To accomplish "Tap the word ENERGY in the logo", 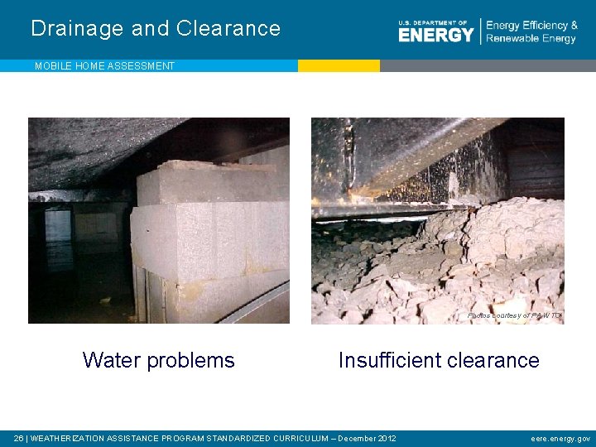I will coord(435,35).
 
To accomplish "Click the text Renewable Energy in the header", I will coord(531,39).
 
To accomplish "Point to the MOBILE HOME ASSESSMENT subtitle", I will coord(104,66).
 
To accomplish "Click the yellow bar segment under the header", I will coord(339,65).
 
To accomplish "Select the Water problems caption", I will coord(158,360).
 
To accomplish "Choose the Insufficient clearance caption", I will coord(439,360).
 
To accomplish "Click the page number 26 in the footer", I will coord(18,438).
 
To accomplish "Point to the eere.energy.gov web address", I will coord(560,438).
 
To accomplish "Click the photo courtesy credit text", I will coord(514,315).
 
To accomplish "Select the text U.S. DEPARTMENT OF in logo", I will coord(432,23).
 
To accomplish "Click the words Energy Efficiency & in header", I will coord(532,26).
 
